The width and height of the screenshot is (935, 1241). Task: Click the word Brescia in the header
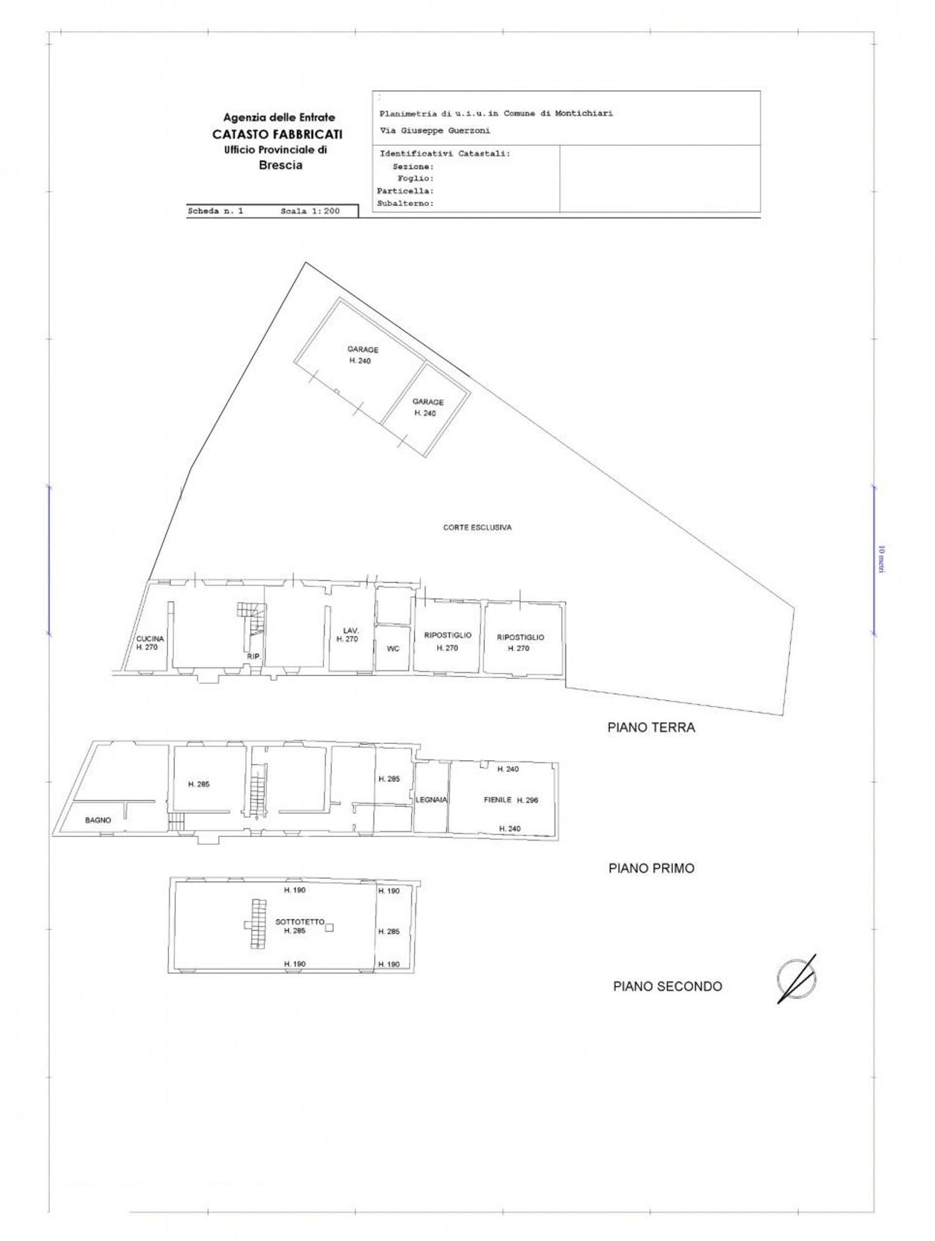(x=280, y=165)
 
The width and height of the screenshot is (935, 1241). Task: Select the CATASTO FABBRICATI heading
(x=277, y=133)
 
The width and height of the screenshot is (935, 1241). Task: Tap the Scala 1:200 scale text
(x=310, y=211)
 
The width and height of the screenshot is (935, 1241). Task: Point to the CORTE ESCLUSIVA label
(x=477, y=528)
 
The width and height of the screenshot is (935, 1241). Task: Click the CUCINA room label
(x=150, y=639)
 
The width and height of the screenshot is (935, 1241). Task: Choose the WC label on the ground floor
(x=393, y=649)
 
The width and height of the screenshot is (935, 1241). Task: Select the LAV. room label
(x=350, y=630)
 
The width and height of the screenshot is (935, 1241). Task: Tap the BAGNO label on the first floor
(x=98, y=820)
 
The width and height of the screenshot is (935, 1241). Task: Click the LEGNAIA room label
(x=431, y=799)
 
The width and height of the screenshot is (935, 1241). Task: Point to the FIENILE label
(x=497, y=799)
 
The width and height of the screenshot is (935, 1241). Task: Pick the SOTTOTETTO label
(x=300, y=921)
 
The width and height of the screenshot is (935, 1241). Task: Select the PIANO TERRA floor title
(x=651, y=727)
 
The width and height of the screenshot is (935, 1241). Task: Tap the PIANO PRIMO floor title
(x=651, y=868)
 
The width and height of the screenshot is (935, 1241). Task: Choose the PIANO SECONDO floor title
(x=667, y=986)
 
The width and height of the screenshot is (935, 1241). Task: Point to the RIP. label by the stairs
(x=253, y=656)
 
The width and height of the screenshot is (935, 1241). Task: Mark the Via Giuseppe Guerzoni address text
(x=434, y=131)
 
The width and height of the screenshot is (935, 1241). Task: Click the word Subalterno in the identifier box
(x=405, y=203)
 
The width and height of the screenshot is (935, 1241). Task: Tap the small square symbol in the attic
(x=330, y=927)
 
